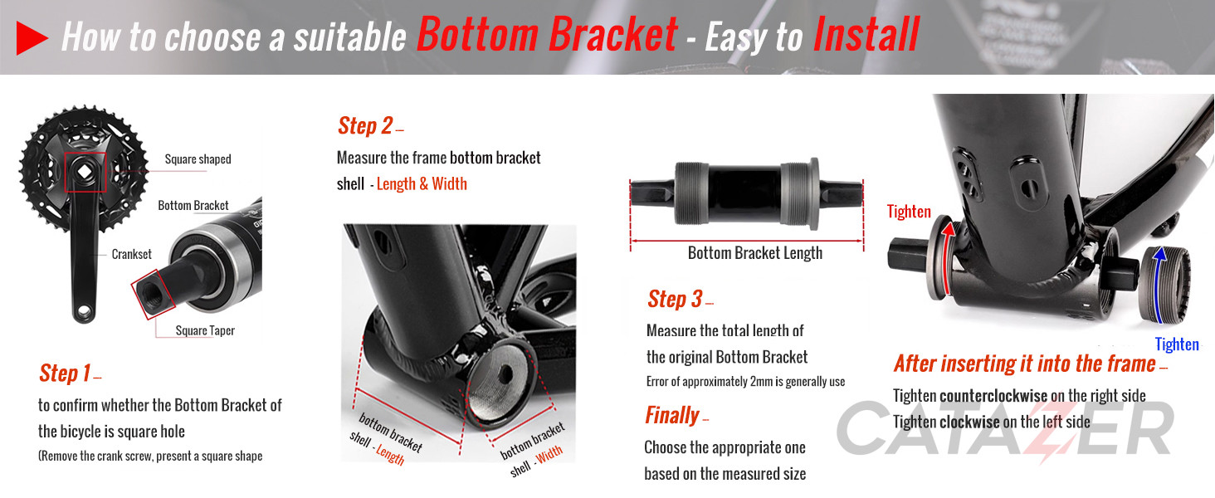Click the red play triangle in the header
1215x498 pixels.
pos(31,38)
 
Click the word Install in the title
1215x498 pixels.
pos(866,35)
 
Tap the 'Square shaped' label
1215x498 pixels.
pos(198,159)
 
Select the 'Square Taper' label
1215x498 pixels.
pos(205,330)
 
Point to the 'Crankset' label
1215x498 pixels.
pos(131,254)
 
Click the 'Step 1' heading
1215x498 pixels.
pos(65,373)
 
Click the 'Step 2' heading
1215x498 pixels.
pos(365,126)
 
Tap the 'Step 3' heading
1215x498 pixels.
pos(676,299)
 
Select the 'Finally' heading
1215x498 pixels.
pos(671,415)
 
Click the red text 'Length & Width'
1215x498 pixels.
pos(422,184)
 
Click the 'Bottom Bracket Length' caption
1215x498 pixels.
pos(755,253)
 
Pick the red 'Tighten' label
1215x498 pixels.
pos(909,212)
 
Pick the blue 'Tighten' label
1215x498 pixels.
pos(1177,344)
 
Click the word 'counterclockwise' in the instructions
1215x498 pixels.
pos(993,395)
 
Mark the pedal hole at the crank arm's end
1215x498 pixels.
pos(84,312)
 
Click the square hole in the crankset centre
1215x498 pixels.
pos(84,172)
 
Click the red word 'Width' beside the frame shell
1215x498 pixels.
pos(549,455)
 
